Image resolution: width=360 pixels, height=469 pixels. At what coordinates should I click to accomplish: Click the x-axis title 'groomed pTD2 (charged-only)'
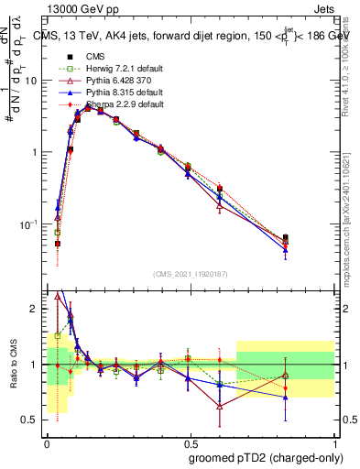(265, 458)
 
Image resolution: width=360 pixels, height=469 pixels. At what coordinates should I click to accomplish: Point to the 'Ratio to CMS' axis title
(13, 365)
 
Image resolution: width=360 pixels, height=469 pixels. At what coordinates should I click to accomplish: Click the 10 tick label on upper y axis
(30, 81)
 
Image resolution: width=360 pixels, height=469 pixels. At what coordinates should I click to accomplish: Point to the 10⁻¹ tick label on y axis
(28, 224)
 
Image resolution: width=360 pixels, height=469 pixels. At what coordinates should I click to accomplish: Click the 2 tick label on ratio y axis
(37, 310)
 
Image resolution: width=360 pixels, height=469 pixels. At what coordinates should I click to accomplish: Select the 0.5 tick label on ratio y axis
(32, 420)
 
